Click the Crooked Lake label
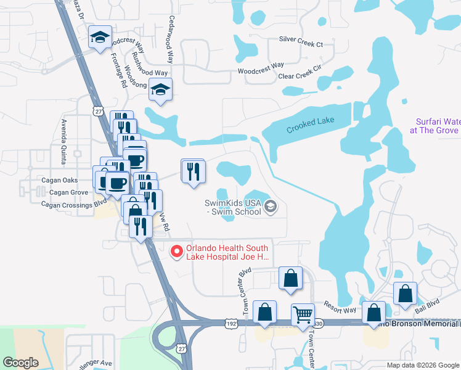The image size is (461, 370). tap(310, 125)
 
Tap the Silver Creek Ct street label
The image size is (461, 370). tap(301, 44)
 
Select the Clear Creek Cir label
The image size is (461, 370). tap(300, 76)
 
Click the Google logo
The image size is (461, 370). tap(20, 363)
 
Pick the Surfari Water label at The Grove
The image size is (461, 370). tap(437, 126)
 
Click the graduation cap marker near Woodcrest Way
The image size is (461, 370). tap(100, 38)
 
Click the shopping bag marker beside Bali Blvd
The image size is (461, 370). tap(406, 294)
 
